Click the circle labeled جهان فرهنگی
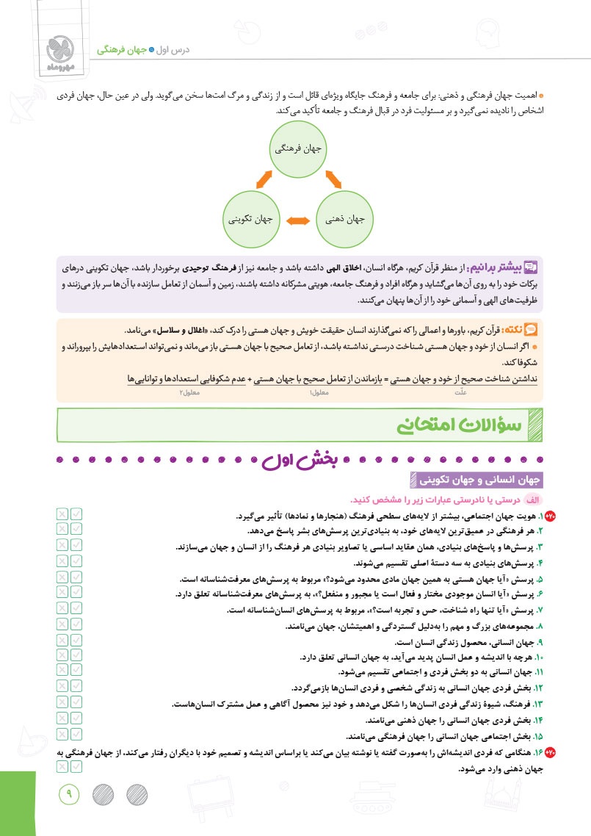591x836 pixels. (x=299, y=148)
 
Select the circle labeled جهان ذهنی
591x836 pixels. (x=345, y=218)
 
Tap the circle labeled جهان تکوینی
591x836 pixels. (x=251, y=218)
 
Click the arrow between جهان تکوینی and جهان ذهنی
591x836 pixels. (x=298, y=220)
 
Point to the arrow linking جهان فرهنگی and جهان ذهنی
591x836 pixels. (x=333, y=179)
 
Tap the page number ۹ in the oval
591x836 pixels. (x=71, y=792)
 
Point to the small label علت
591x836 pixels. (x=460, y=392)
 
